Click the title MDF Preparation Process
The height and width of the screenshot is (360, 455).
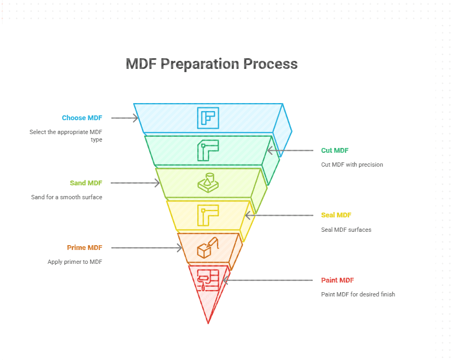click(211, 64)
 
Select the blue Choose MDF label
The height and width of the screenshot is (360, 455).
click(82, 118)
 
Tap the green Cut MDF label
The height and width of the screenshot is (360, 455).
click(335, 151)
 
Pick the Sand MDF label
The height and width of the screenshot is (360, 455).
click(86, 183)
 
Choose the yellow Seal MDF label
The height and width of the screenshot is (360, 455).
click(336, 215)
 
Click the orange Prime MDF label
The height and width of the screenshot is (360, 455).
click(84, 248)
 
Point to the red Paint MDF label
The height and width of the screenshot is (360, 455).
click(337, 280)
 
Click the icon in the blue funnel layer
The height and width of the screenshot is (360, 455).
click(208, 118)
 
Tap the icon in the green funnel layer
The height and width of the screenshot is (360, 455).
click(208, 151)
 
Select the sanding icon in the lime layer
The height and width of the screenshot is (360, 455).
click(208, 183)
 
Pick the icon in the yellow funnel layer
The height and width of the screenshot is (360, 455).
click(208, 215)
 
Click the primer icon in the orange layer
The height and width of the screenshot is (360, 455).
click(208, 248)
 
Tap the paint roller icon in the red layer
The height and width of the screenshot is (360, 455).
click(208, 279)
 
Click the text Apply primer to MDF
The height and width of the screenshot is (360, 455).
click(75, 262)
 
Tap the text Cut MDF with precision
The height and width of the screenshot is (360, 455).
click(352, 165)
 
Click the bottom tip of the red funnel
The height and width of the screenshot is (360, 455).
click(208, 322)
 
